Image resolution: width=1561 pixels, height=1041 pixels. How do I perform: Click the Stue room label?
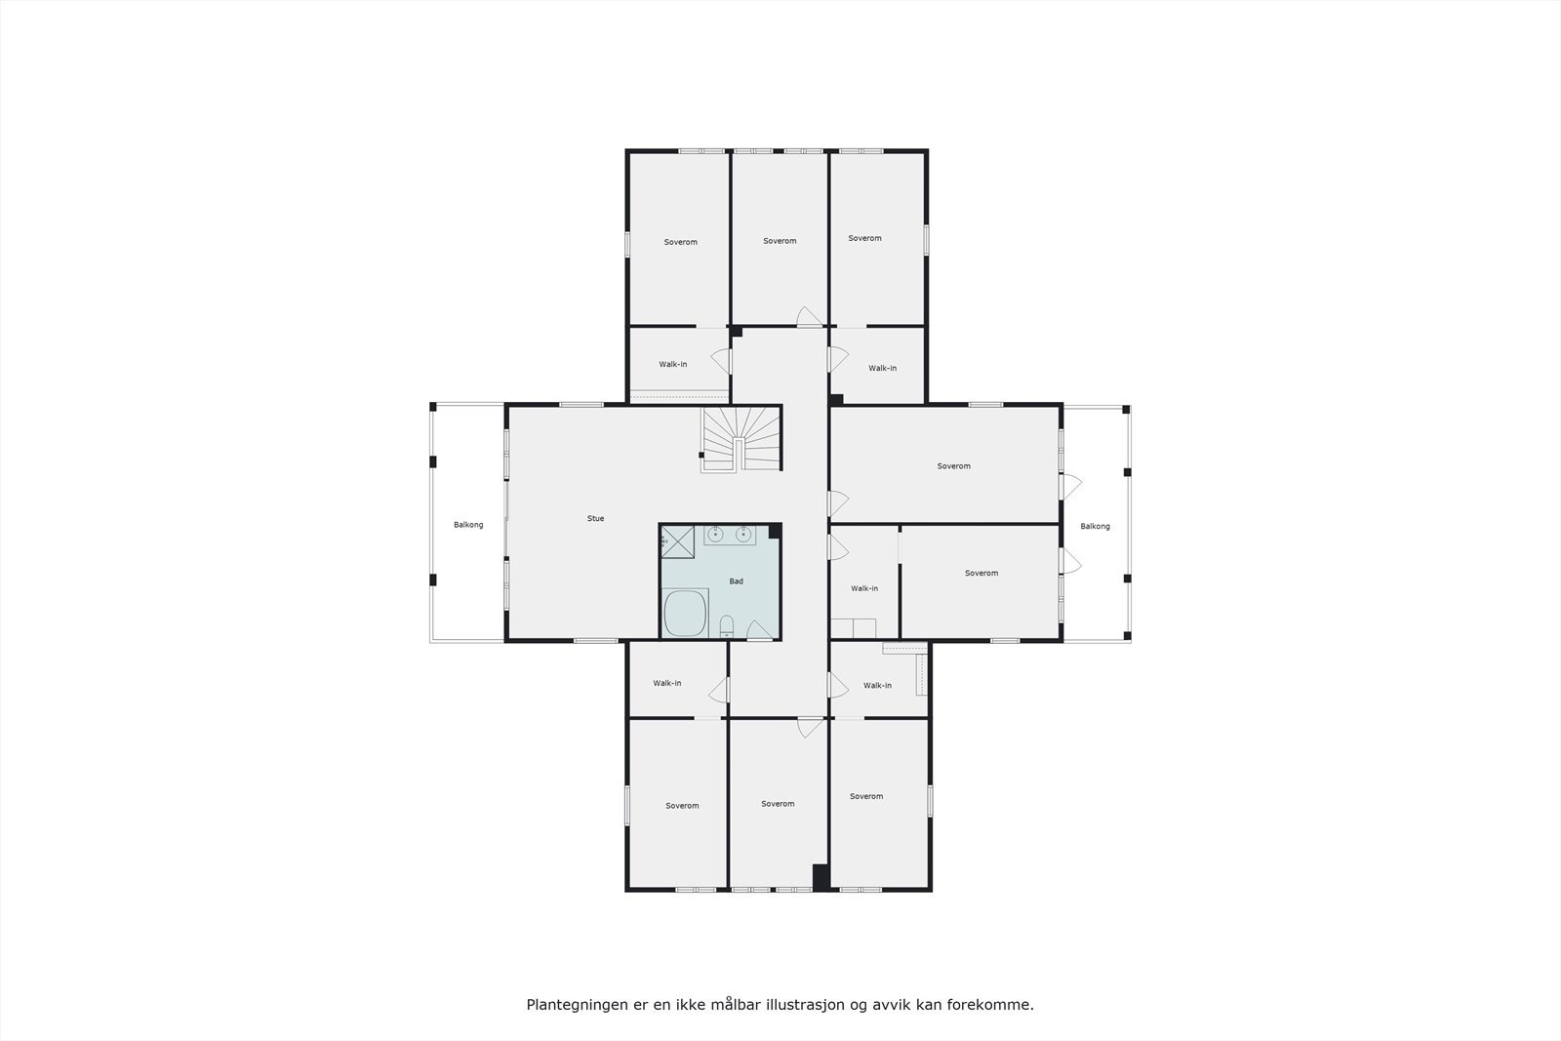point(595,518)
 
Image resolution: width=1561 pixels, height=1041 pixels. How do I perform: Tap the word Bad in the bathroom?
point(736,581)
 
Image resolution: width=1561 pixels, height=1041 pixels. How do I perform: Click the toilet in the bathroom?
point(726,625)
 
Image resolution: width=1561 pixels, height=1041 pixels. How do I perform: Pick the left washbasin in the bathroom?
point(715,534)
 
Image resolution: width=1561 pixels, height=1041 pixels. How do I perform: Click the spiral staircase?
point(741,438)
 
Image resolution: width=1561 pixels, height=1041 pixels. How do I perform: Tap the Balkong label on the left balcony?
point(468,525)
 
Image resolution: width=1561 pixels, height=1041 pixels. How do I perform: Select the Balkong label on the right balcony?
point(1095,526)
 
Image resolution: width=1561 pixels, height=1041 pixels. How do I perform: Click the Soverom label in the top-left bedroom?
point(680,242)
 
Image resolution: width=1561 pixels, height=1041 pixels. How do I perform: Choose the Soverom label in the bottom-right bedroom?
point(865,796)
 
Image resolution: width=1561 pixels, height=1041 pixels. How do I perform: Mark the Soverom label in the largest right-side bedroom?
point(953,466)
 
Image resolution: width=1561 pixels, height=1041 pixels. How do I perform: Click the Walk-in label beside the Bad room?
point(863,588)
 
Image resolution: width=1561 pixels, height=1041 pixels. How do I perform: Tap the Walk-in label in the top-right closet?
point(882,368)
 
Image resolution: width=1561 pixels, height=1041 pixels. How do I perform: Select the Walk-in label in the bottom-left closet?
point(667,683)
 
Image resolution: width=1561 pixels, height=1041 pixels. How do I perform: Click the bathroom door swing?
point(758,631)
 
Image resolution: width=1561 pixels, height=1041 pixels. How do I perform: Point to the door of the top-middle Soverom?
point(809,316)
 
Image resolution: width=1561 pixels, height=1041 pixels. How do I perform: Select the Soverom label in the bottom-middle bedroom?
point(778,804)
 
